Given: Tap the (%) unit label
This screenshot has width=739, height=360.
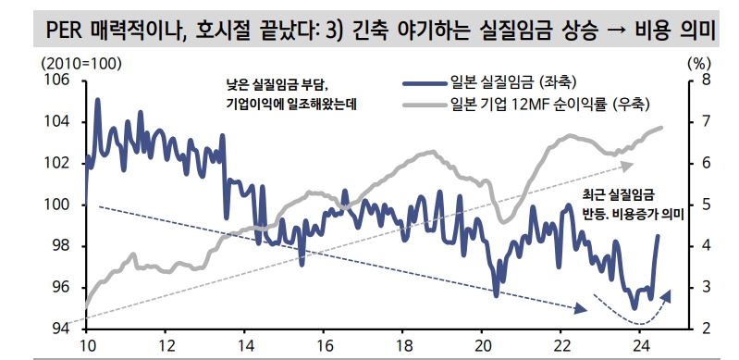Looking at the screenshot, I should pyautogui.click(x=699, y=63).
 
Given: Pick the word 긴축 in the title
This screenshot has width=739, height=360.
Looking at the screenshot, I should pyautogui.click(x=375, y=33).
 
